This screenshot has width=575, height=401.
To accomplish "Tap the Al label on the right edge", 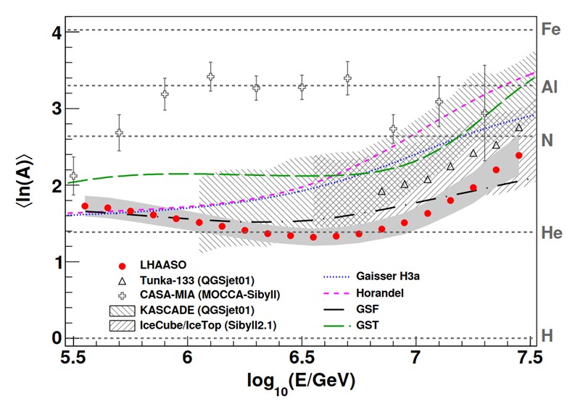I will coord(550,86).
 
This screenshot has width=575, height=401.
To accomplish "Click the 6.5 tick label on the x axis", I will coord(302,356).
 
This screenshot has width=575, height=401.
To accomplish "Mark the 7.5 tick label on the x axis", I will coord(530,356).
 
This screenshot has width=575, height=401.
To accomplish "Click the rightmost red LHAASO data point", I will coord(519,156).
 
